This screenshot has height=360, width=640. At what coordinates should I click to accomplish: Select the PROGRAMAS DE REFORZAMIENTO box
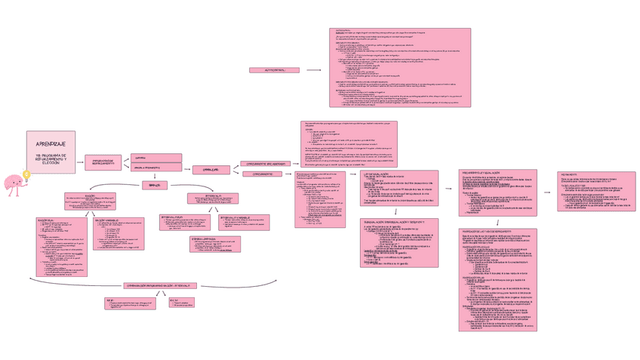(103, 162)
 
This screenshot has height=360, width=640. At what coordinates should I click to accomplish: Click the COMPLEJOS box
(211, 170)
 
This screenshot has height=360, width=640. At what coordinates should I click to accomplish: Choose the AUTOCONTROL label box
(274, 70)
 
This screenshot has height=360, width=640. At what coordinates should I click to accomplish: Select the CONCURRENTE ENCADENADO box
(264, 163)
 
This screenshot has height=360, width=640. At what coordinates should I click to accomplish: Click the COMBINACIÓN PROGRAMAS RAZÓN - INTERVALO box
(159, 285)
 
